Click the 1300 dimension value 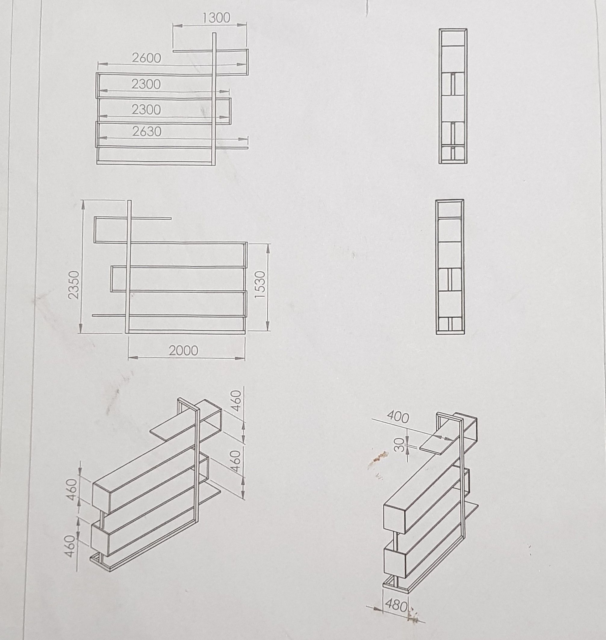pyautogui.click(x=216, y=18)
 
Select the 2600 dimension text pyautogui.click(x=146, y=58)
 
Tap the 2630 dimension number pyautogui.click(x=147, y=132)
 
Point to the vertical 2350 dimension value pyautogui.click(x=74, y=285)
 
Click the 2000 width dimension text pyautogui.click(x=183, y=351)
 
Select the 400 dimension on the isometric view pyautogui.click(x=398, y=418)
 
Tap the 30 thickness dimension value pyautogui.click(x=400, y=445)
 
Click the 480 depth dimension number pyautogui.click(x=397, y=606)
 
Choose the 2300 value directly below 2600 pyautogui.click(x=146, y=84)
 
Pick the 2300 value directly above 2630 pyautogui.click(x=146, y=110)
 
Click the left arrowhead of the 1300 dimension pyautogui.click(x=177, y=26)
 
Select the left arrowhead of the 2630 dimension pyautogui.click(x=102, y=138)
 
